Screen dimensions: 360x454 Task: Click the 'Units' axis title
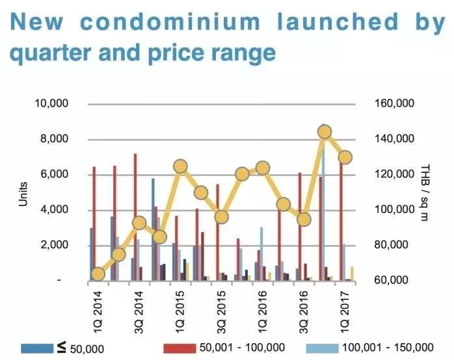pyautogui.click(x=24, y=192)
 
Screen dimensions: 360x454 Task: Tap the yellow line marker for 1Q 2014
pyautogui.click(x=98, y=274)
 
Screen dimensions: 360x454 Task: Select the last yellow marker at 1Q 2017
pyautogui.click(x=345, y=157)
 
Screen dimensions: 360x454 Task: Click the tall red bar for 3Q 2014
pyautogui.click(x=135, y=216)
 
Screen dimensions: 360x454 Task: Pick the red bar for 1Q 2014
pyautogui.click(x=94, y=223)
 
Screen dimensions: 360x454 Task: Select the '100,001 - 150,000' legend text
pyautogui.click(x=393, y=348)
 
